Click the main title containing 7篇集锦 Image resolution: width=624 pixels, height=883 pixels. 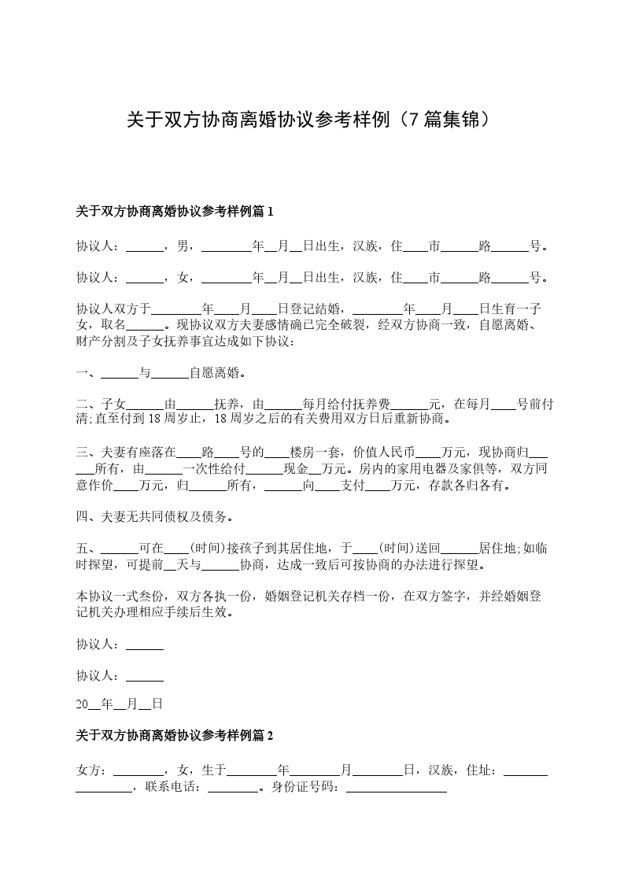pyautogui.click(x=312, y=120)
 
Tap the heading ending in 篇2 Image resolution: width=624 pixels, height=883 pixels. pyautogui.click(x=174, y=735)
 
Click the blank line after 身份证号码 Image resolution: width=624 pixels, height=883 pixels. pyautogui.click(x=396, y=785)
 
